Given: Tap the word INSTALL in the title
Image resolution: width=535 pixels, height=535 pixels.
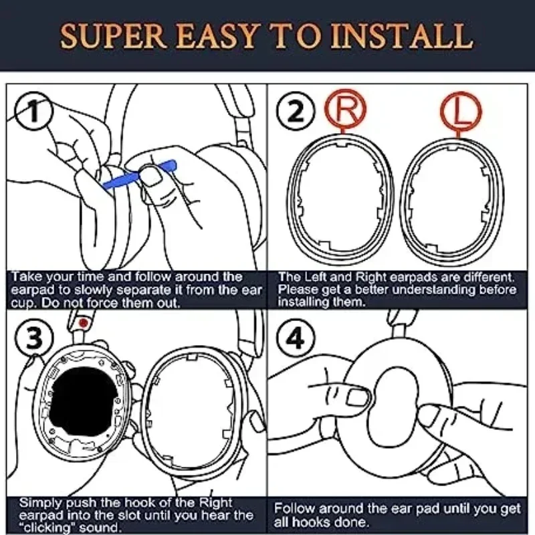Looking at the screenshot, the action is [x=402, y=36].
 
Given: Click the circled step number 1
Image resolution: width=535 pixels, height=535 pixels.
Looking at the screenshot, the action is [x=34, y=111].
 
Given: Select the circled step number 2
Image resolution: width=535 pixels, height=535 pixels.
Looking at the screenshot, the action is [x=296, y=111].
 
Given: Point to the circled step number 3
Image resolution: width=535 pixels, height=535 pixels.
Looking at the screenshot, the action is [x=34, y=338].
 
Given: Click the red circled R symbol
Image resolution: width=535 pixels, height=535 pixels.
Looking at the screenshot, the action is [x=345, y=110].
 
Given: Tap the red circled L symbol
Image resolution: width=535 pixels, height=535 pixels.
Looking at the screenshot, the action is [x=461, y=111].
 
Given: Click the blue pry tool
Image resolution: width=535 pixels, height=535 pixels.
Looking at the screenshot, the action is [x=139, y=175].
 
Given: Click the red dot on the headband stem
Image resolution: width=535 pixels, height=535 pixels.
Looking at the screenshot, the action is [x=83, y=323].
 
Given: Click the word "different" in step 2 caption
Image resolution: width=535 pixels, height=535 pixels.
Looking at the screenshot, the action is [x=489, y=278].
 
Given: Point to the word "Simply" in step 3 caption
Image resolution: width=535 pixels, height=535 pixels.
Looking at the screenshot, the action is [x=41, y=503].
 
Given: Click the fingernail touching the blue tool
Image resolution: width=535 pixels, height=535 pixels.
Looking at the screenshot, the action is [x=151, y=175].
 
